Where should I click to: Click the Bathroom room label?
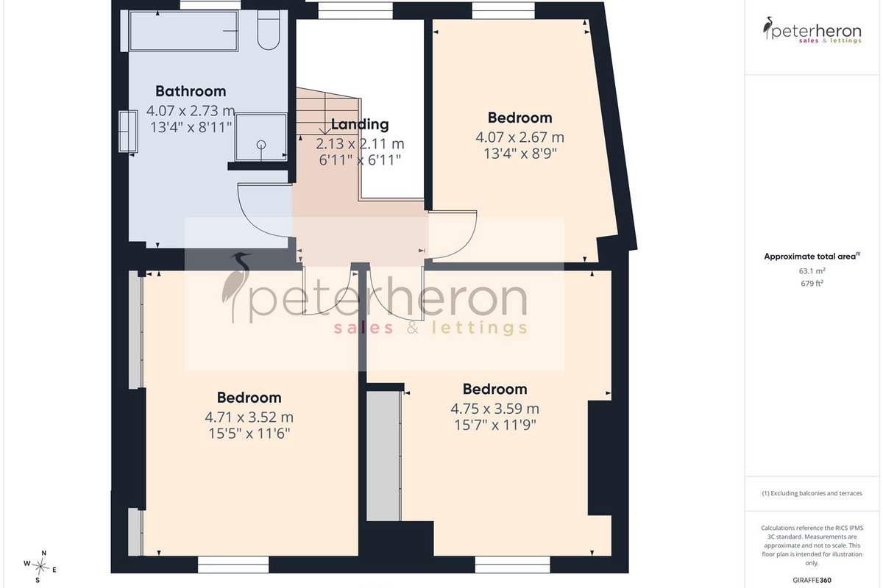(x=191, y=91)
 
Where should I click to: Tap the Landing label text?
(x=360, y=124)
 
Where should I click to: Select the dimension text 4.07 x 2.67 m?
(x=520, y=137)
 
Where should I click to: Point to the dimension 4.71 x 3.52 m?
(x=249, y=417)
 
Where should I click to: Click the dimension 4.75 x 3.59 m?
(x=494, y=409)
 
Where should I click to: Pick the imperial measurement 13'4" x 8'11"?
(x=191, y=127)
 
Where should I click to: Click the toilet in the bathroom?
(x=269, y=30)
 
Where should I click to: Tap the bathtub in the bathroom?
(x=184, y=31)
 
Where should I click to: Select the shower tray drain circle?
(x=261, y=145)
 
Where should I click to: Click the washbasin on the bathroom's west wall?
(x=128, y=131)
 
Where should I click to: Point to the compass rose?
(x=40, y=567)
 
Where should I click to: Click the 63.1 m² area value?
(x=812, y=271)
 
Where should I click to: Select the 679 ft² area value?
(x=812, y=283)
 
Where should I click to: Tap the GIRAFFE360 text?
(x=812, y=580)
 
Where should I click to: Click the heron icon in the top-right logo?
(x=768, y=28)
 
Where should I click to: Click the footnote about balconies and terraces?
(x=812, y=493)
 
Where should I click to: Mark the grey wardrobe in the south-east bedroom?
(x=383, y=456)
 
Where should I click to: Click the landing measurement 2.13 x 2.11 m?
(x=360, y=143)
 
